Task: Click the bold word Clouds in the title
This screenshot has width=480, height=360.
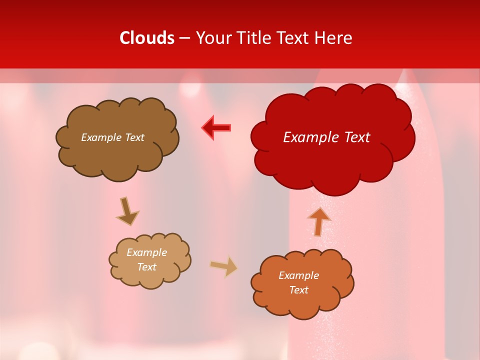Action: click(x=147, y=38)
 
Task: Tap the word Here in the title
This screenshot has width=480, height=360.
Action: click(x=334, y=38)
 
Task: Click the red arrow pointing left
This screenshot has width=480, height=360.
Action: click(x=217, y=128)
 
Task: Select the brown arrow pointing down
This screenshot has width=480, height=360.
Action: click(x=127, y=211)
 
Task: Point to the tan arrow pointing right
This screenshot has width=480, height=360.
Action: click(x=224, y=266)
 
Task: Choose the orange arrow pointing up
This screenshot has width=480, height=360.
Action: click(x=318, y=221)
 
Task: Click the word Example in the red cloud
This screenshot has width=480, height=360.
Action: click(x=307, y=137)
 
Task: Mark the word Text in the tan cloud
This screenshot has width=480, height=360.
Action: click(x=146, y=267)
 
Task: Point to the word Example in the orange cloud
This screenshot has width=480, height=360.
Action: click(x=298, y=275)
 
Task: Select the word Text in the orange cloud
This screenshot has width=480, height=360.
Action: click(x=298, y=290)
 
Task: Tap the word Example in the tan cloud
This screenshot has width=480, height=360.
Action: click(x=146, y=252)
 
